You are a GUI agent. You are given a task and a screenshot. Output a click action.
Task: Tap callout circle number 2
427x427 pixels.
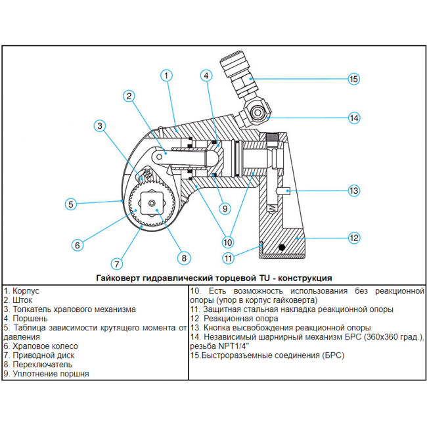tap(130, 96)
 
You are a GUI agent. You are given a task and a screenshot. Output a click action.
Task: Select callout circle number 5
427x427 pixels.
tap(72, 204)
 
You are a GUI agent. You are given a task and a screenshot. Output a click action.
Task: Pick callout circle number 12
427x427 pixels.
tap(353, 237)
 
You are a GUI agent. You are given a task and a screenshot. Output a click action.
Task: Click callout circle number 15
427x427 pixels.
tap(353, 79)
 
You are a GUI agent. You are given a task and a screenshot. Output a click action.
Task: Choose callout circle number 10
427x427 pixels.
tap(227, 240)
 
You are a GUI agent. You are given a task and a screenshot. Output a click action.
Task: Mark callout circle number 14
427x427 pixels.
tap(353, 118)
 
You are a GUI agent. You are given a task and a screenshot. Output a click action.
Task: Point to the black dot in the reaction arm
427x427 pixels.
tap(282, 248)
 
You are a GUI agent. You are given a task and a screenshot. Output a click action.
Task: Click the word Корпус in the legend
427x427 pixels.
tap(26, 290)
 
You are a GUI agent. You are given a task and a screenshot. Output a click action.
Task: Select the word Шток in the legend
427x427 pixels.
tap(23, 300)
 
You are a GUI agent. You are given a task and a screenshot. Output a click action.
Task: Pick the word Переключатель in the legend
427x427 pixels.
tap(40, 364)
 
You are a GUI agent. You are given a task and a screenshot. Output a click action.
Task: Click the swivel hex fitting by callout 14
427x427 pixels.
tap(258, 114)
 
